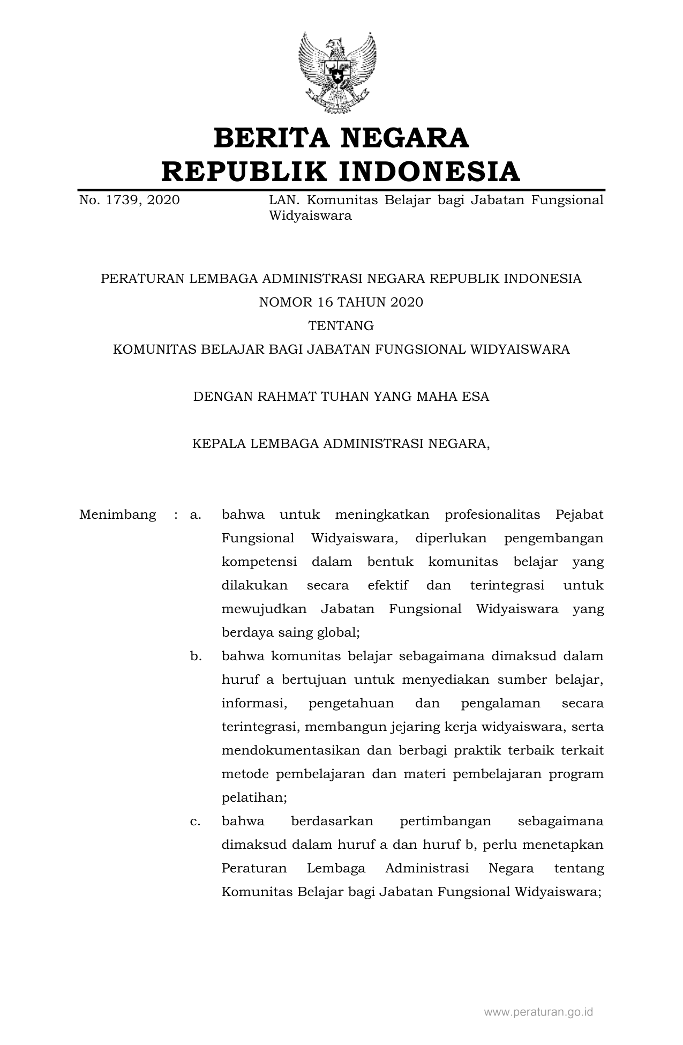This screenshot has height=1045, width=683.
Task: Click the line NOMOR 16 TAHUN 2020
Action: pos(341,302)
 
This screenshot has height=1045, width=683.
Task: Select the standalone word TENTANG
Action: pos(341,326)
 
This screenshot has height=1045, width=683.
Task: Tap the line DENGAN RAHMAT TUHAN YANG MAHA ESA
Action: pos(341,397)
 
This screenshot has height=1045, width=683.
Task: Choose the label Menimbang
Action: pos(117,515)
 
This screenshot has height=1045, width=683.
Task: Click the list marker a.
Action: pos(195,515)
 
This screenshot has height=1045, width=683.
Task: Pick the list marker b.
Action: pos(196,656)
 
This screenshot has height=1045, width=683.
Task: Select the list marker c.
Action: pos(195,822)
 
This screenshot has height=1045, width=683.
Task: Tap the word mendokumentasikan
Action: pos(290,751)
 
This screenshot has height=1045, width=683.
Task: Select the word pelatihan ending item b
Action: pos(254,798)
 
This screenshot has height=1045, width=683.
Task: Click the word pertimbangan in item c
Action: pos(438,822)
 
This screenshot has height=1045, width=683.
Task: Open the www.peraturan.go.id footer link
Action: pos(538,1012)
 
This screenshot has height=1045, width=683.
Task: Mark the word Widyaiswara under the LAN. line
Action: pos(310,216)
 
